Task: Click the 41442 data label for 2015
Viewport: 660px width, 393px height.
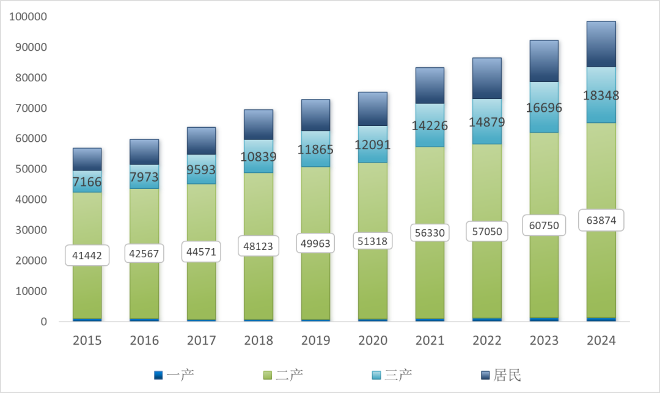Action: click(x=87, y=255)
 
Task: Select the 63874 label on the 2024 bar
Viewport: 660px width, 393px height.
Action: click(x=601, y=220)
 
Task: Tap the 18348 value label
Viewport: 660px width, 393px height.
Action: click(x=601, y=95)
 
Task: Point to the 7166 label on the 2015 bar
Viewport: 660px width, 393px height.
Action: click(x=87, y=182)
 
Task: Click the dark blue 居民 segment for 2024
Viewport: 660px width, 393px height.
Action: click(x=601, y=44)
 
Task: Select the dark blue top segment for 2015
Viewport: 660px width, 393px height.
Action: click(x=87, y=159)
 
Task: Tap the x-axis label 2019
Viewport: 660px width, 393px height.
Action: click(x=315, y=340)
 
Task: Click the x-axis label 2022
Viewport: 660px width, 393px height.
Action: click(x=487, y=340)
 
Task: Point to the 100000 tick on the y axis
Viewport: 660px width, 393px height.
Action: click(x=28, y=17)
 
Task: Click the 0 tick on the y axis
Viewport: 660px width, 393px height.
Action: click(x=43, y=321)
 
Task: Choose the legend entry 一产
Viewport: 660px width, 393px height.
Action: click(x=174, y=375)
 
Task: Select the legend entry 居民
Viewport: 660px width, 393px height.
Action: click(x=501, y=375)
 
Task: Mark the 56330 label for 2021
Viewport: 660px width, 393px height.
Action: click(x=430, y=233)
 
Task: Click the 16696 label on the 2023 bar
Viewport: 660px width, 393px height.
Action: click(x=544, y=108)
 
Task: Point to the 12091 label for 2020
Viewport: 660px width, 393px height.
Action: click(x=373, y=145)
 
